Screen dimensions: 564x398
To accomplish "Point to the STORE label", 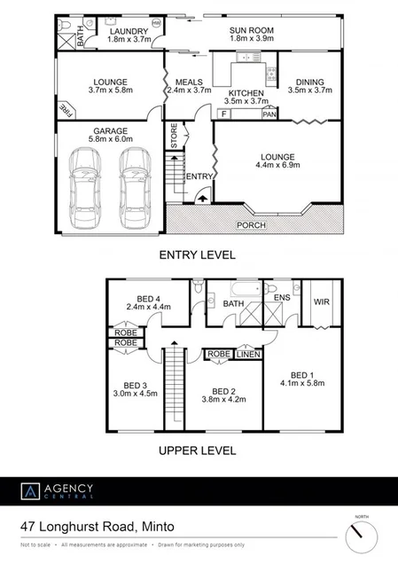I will click(174, 138).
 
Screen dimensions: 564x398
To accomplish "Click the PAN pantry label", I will click(269, 114).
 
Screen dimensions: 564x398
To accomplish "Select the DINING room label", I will click(310, 80).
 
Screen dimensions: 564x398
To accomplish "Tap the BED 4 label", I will click(141, 297).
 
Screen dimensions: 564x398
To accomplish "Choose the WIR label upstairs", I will click(321, 302).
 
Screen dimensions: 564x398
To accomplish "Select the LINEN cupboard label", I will click(248, 354).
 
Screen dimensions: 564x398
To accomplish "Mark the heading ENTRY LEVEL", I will click(197, 255).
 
